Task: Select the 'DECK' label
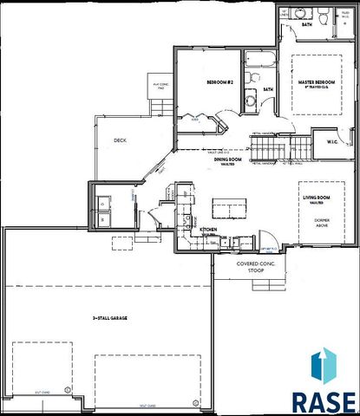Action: (121, 139)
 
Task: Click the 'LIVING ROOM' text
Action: (316, 198)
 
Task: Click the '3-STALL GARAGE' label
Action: (112, 319)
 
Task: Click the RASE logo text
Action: (322, 402)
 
